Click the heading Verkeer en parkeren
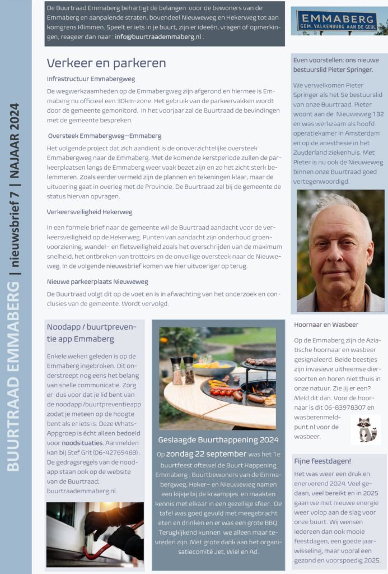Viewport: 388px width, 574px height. pos(106,63)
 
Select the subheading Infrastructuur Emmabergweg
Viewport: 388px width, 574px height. pos(91,79)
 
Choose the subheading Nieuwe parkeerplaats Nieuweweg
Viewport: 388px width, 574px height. pos(97,281)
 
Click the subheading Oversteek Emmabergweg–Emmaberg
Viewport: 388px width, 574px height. pos(105,136)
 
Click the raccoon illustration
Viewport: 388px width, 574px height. pos(366,430)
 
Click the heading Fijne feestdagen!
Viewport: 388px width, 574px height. pos(322,461)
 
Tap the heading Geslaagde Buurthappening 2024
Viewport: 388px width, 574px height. pos(217,440)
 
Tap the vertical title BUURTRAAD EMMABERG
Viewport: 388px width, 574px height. pos(13,376)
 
